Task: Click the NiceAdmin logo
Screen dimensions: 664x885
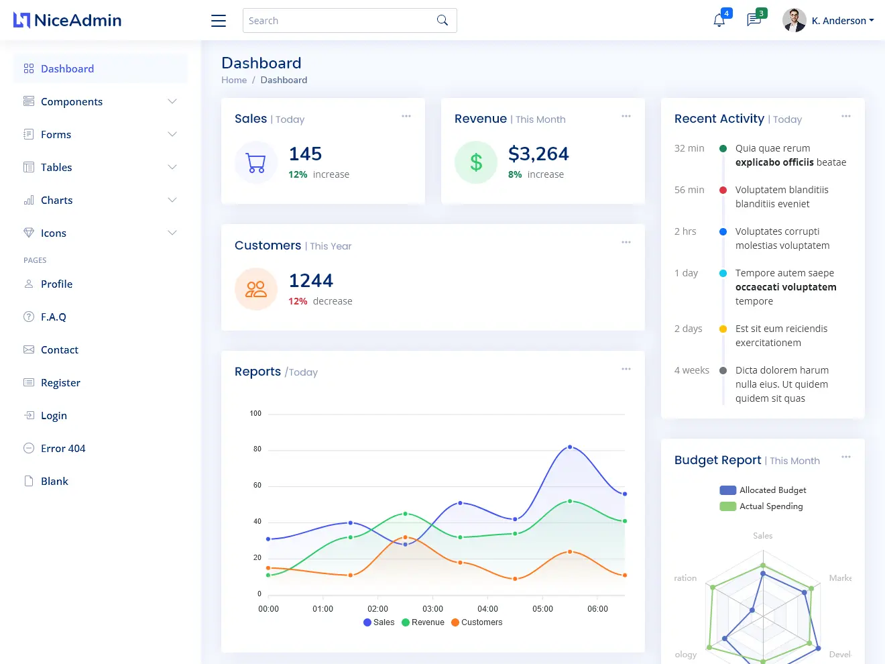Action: [x=67, y=20]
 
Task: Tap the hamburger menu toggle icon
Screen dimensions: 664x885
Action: [x=219, y=21]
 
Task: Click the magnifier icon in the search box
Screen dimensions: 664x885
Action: [x=442, y=20]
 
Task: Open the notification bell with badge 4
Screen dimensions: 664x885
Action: [x=719, y=20]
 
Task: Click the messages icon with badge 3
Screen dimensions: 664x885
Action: [x=754, y=20]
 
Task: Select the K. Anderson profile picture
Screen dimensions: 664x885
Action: [x=794, y=20]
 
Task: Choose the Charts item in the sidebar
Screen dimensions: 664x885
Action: [x=57, y=200]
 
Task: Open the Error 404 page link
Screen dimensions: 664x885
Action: [x=63, y=448]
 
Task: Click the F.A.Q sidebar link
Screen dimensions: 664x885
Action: [x=54, y=317]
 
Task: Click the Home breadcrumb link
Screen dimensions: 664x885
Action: [x=234, y=80]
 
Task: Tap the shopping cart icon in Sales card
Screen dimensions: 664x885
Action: [x=256, y=162]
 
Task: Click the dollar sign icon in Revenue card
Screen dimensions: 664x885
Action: [x=476, y=162]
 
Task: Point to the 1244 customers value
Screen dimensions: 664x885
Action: [x=310, y=280]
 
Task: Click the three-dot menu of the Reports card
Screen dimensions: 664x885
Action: [x=626, y=369]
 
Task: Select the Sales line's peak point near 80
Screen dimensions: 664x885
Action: [x=570, y=447]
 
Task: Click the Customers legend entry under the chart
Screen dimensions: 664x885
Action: [x=477, y=622]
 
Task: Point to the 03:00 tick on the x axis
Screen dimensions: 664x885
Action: [x=432, y=609]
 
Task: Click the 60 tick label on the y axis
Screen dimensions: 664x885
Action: [x=257, y=485]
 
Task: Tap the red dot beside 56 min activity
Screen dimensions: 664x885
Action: [x=723, y=190]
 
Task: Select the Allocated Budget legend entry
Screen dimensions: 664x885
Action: [x=763, y=490]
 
